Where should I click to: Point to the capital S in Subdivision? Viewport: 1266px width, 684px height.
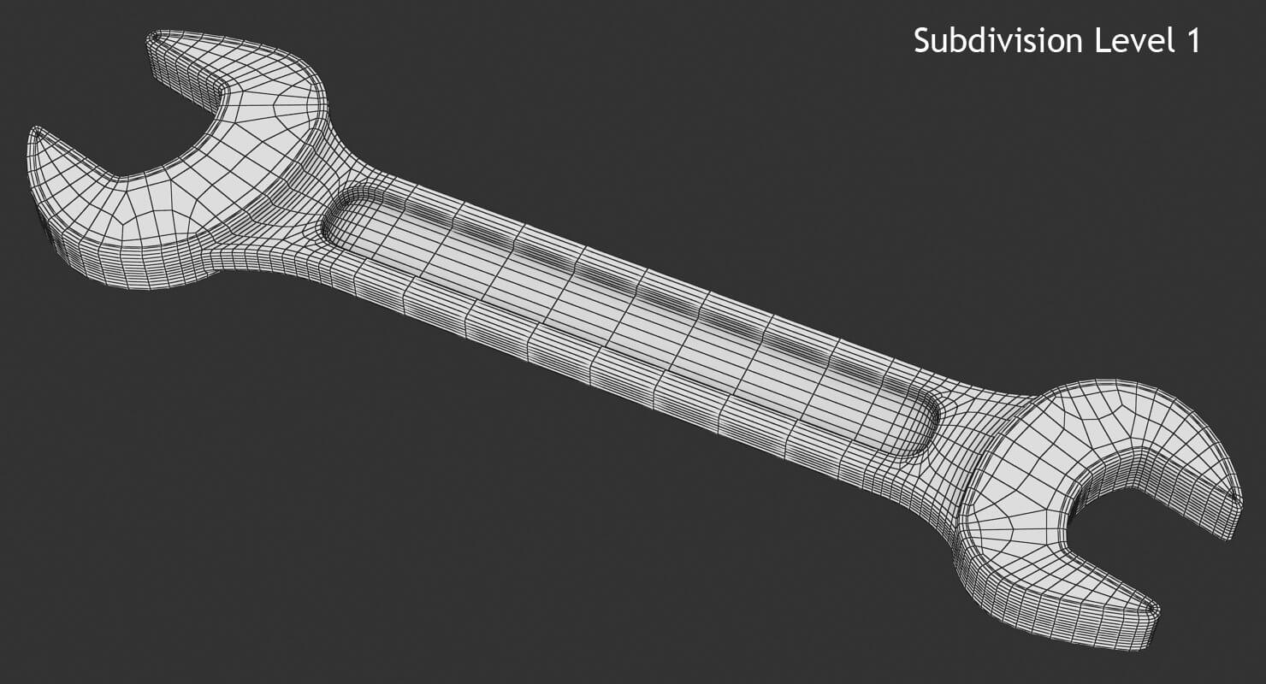coord(922,40)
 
